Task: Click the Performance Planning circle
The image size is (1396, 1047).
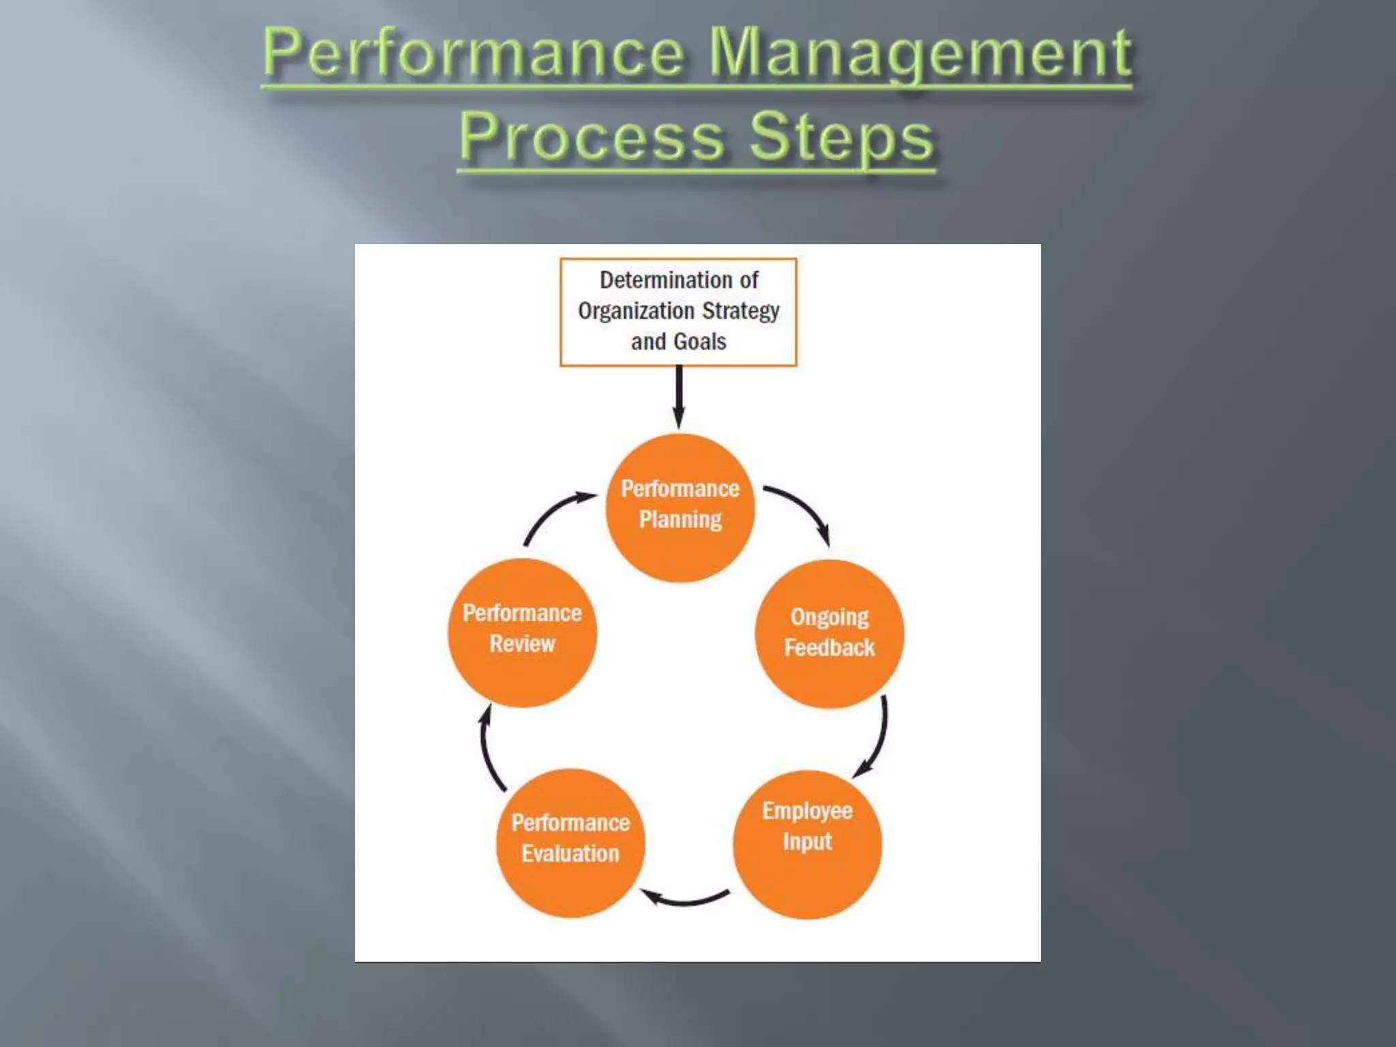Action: tap(680, 508)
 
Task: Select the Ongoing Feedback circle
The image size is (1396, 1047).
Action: tap(829, 634)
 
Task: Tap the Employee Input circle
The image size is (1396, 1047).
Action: tap(807, 845)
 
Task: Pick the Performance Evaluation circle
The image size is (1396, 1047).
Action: tap(571, 843)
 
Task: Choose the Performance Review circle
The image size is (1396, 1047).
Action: tap(522, 633)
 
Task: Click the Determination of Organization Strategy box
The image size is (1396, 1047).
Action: tap(678, 312)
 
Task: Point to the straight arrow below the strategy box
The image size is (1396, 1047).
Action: tap(678, 397)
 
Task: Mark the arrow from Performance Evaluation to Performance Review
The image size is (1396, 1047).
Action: tap(488, 750)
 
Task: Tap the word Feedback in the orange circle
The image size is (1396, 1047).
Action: tap(829, 648)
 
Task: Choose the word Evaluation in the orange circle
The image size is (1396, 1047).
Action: tap(571, 853)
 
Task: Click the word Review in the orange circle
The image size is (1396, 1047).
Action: tap(522, 643)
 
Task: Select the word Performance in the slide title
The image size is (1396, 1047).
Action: tap(473, 55)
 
